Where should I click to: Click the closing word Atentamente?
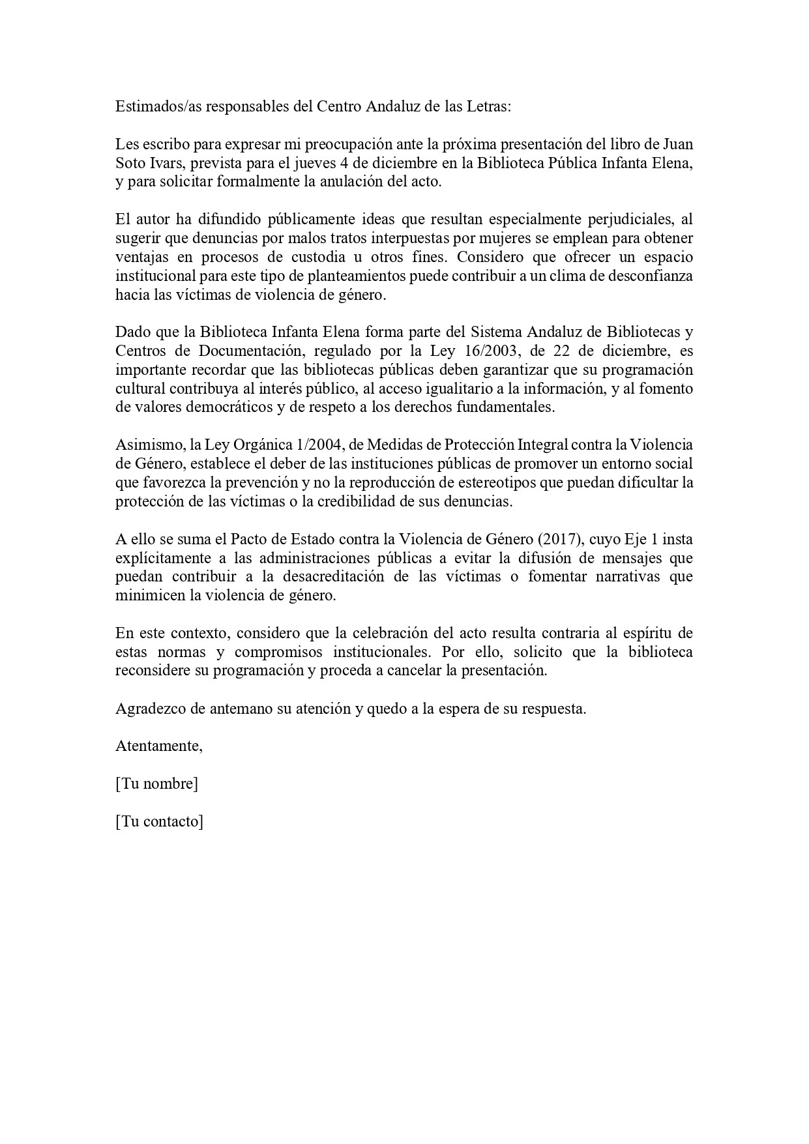(x=159, y=746)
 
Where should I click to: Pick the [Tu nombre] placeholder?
(x=156, y=784)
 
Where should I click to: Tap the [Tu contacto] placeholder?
(x=159, y=822)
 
